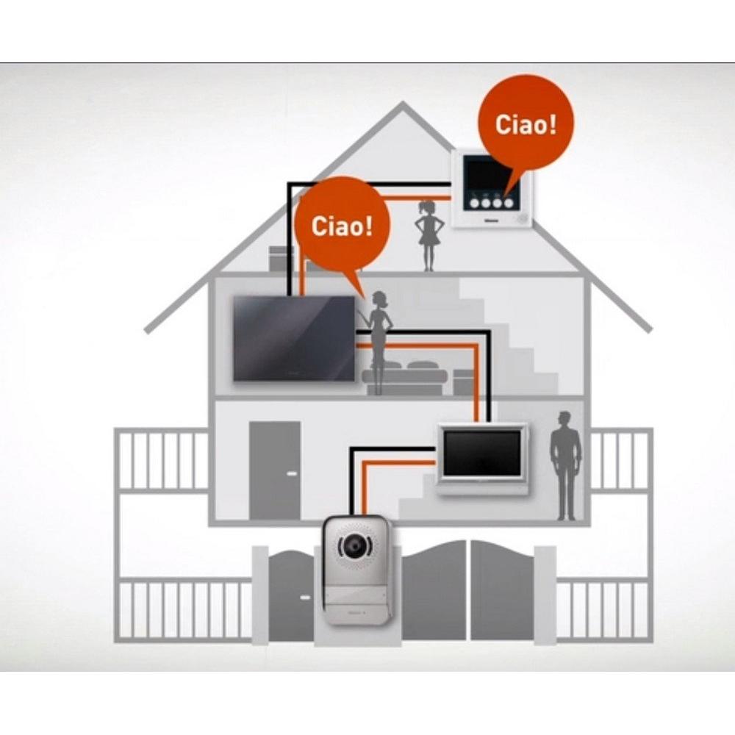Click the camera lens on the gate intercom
(354, 545)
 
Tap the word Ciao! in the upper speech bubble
(526, 125)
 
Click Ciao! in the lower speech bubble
(342, 226)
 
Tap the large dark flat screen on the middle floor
(295, 338)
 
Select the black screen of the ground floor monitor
(482, 453)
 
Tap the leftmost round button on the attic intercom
(474, 204)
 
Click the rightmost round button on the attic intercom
(509, 204)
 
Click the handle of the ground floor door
(292, 473)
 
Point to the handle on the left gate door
(305, 598)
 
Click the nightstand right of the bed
(464, 382)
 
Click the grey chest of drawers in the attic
(282, 259)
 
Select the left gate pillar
(260, 595)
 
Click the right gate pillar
(545, 595)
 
